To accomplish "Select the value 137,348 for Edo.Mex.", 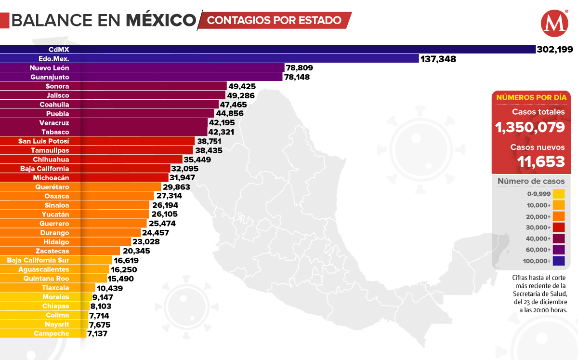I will (x=438, y=59).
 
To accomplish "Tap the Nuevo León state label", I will (x=56, y=68).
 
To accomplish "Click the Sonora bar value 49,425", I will (x=242, y=86).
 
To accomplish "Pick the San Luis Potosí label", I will (x=44, y=141).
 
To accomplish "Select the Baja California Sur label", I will (x=38, y=260).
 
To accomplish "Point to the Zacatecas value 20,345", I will (x=136, y=251).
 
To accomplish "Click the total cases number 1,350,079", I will (x=530, y=127).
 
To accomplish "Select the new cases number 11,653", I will (x=541, y=161).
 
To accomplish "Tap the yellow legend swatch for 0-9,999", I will (x=559, y=194).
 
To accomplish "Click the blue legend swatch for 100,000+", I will (x=559, y=261).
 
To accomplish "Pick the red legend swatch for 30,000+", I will (x=559, y=227).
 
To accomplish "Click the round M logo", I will (x=554, y=23).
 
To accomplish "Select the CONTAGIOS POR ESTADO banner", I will (x=275, y=20).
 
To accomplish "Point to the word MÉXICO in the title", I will (x=161, y=20).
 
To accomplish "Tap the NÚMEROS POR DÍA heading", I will (x=531, y=97).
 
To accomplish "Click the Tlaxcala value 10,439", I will (x=110, y=288).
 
